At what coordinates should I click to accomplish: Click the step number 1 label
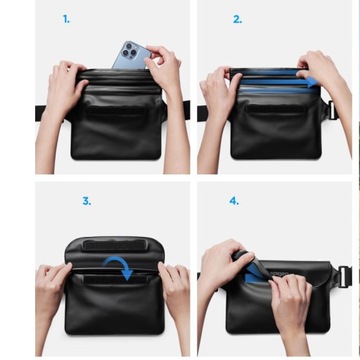point(66,19)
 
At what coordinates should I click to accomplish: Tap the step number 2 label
point(237,19)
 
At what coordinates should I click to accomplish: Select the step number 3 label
point(86,201)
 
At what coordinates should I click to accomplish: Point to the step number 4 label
point(234,201)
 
